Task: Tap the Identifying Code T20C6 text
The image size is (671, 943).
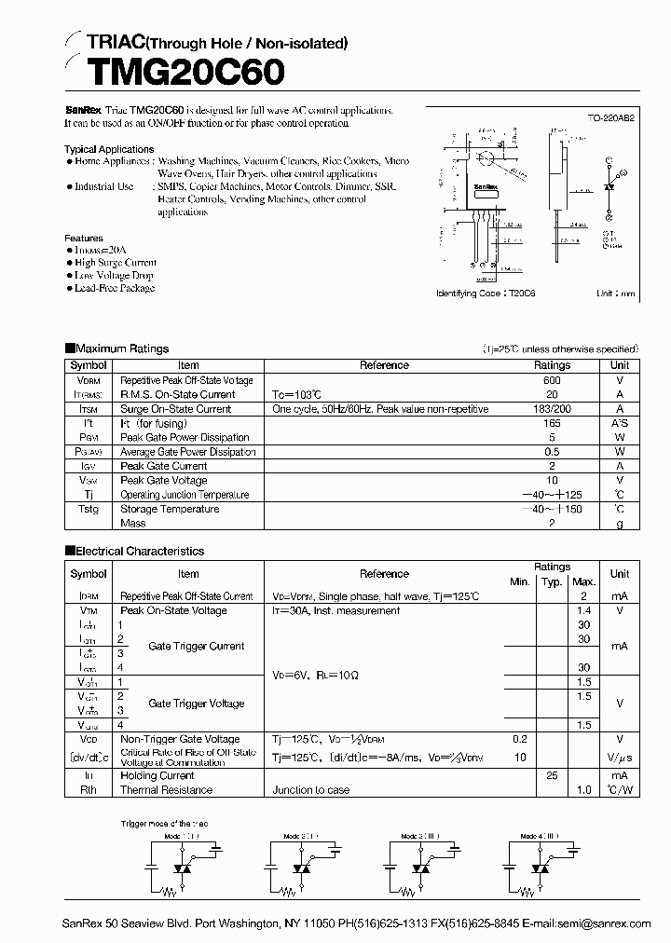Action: pyautogui.click(x=480, y=293)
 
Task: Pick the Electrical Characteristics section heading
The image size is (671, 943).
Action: pyautogui.click(x=139, y=551)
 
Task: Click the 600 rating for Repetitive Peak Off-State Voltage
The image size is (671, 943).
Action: pyautogui.click(x=552, y=380)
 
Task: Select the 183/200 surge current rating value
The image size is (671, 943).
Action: pyautogui.click(x=552, y=409)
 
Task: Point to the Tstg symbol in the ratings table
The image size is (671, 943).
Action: pyautogui.click(x=89, y=509)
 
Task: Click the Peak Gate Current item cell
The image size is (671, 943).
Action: pyautogui.click(x=164, y=466)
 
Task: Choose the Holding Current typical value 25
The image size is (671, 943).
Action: pyautogui.click(x=552, y=775)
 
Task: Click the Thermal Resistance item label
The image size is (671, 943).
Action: pyautogui.click(x=166, y=790)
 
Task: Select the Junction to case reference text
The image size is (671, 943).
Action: pyautogui.click(x=312, y=790)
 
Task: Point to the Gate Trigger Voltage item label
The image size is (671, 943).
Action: pyautogui.click(x=197, y=704)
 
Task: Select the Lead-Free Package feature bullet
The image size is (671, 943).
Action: pyautogui.click(x=115, y=288)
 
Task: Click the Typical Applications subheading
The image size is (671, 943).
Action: pyautogui.click(x=109, y=149)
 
